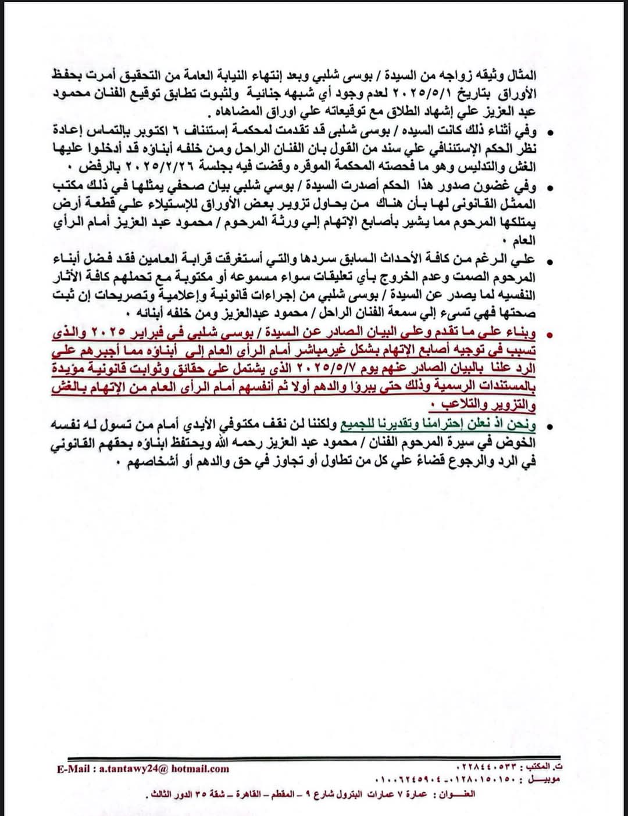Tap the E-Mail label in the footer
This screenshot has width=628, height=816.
coord(73,768)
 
